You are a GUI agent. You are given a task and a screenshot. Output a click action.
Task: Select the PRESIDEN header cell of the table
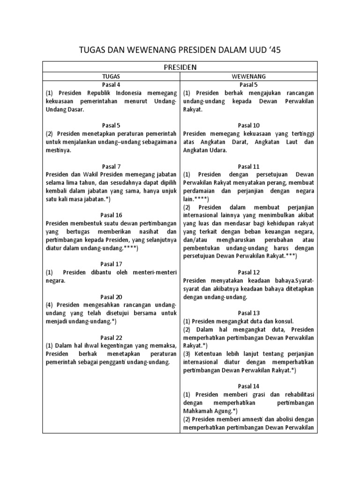(180, 67)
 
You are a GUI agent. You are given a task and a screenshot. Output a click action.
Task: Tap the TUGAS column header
(111, 76)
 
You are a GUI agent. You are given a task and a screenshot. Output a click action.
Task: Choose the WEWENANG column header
(248, 76)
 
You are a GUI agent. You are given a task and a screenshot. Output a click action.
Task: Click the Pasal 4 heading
(111, 84)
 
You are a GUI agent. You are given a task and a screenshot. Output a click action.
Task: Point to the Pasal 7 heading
(111, 166)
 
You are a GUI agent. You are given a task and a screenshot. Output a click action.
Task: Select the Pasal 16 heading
(111, 215)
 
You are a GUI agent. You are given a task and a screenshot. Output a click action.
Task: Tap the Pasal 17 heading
(111, 264)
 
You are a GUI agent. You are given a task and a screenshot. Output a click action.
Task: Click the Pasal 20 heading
(111, 297)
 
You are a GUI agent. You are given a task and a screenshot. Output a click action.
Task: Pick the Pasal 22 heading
(111, 337)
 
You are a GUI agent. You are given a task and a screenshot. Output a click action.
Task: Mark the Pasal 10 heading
(248, 125)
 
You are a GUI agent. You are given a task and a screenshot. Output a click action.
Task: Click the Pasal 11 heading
(248, 166)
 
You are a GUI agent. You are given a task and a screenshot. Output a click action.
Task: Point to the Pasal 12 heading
(248, 272)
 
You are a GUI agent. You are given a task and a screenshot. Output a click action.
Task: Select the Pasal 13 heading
(248, 313)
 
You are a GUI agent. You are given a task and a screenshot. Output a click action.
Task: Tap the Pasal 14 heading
(248, 386)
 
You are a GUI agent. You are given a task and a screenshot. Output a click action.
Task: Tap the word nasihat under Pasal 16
(142, 231)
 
